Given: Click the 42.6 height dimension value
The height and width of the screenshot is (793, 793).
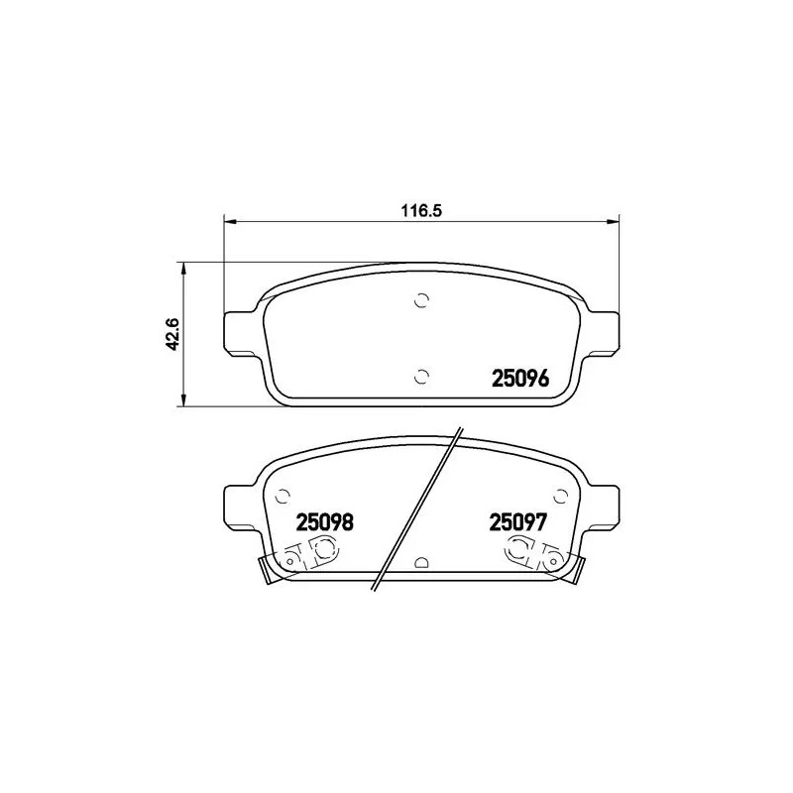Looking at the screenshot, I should click(x=170, y=334).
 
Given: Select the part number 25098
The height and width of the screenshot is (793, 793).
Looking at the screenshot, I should click(x=326, y=522).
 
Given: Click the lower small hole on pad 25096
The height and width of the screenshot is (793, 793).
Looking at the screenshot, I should click(x=420, y=375).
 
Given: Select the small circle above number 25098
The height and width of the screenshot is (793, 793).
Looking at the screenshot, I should click(x=283, y=495).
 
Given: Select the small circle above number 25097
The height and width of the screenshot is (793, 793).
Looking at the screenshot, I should click(x=559, y=495).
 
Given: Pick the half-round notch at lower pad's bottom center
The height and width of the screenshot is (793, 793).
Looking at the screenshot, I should click(x=420, y=562).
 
